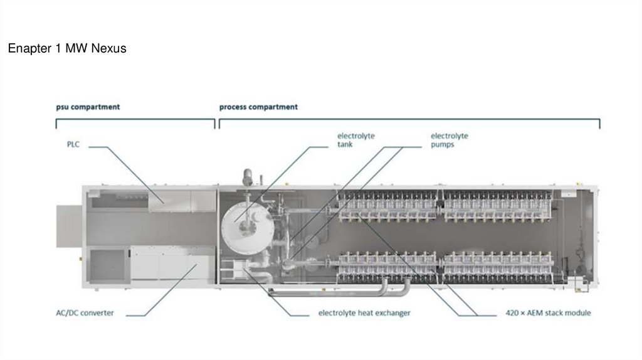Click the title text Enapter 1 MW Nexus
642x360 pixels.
67,48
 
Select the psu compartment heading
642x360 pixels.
87,107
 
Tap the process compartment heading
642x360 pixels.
258,107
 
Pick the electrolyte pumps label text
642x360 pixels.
449,139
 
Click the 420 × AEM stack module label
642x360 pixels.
548,312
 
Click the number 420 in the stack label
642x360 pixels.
513,312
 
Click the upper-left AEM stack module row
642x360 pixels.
386,206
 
